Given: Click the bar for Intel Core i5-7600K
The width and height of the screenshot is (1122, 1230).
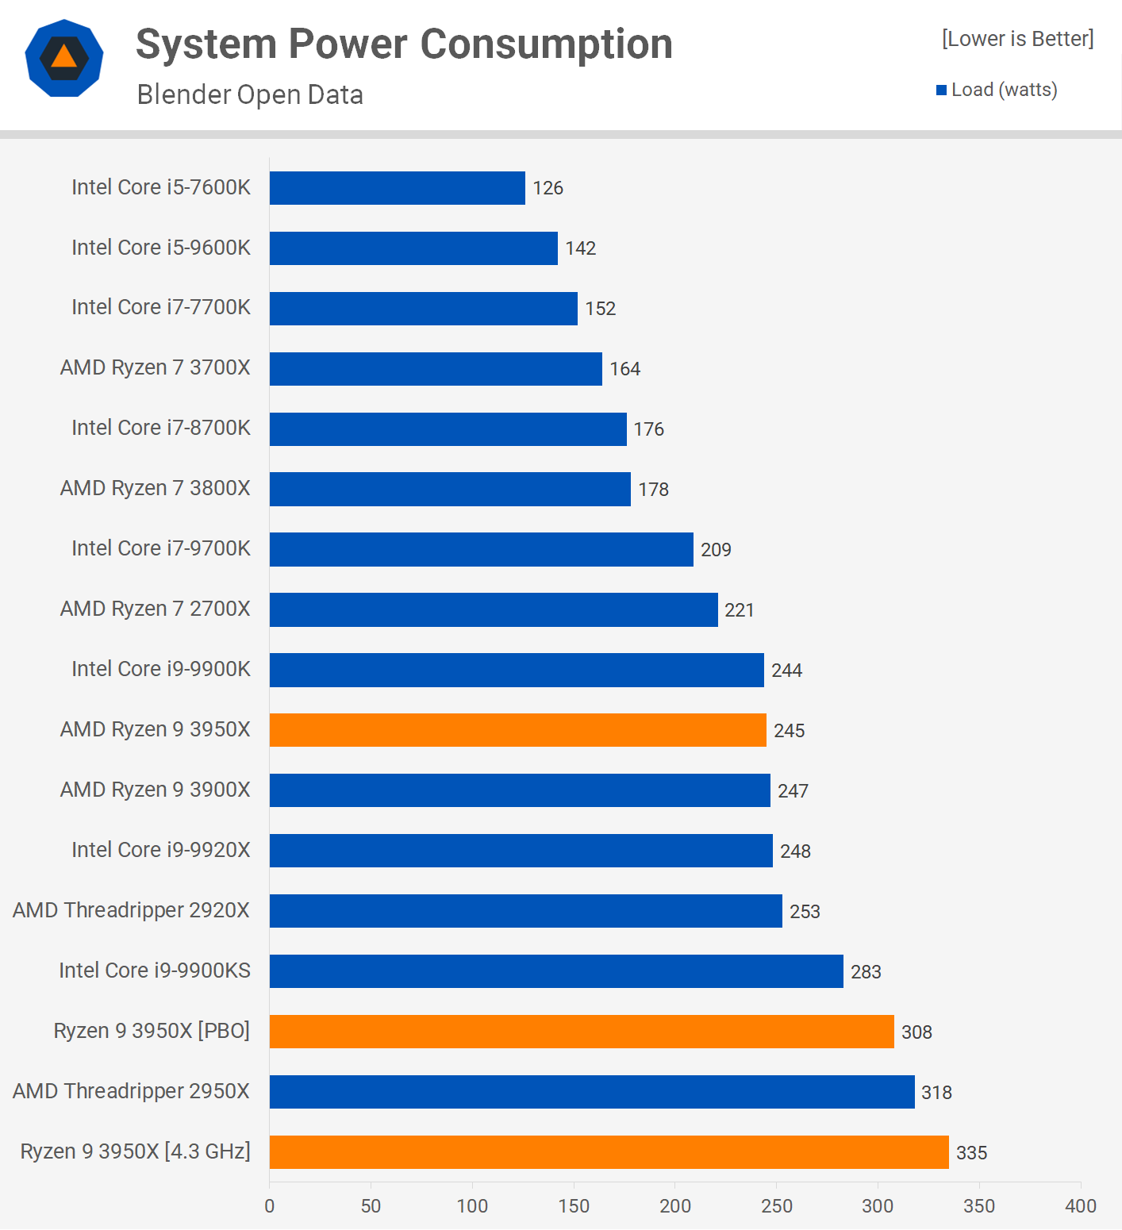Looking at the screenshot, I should tap(397, 188).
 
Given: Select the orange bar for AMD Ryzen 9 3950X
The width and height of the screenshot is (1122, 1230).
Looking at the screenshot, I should tap(517, 730).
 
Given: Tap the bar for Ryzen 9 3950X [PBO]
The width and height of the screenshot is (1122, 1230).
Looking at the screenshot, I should tap(582, 1032).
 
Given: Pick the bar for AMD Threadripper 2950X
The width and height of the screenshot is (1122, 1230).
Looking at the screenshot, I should tap(592, 1092).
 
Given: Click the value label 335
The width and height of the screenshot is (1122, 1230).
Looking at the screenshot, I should tap(971, 1153).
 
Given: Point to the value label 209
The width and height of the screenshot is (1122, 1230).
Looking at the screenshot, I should tap(716, 550).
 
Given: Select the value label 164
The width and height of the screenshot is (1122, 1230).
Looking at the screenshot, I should tap(624, 369).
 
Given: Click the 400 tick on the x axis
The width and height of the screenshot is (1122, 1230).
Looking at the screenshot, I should tap(1080, 1206).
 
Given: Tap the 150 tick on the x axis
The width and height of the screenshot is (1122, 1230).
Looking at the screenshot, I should tap(574, 1206).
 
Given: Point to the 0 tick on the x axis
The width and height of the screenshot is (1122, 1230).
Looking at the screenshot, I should tap(270, 1206).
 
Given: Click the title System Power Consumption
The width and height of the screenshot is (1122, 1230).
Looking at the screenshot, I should tap(404, 44).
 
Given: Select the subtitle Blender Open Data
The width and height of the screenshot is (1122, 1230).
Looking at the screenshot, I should tap(250, 94).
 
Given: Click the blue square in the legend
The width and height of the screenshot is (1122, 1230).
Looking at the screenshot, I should tap(942, 90).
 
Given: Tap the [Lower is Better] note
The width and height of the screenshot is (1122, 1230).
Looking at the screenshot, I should tap(1017, 39).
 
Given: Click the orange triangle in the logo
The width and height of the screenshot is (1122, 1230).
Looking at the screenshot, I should tap(64, 57).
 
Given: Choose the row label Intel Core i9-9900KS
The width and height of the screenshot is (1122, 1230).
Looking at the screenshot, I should tap(155, 971).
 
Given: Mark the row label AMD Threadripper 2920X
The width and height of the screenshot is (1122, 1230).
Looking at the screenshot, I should tap(131, 910).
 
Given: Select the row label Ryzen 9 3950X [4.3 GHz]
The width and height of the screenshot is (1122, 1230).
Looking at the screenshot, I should tap(135, 1151).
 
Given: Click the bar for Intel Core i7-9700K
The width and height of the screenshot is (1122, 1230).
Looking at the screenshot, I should tap(481, 549).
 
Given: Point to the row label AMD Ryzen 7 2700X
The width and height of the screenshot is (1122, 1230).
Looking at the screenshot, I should tap(155, 609).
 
